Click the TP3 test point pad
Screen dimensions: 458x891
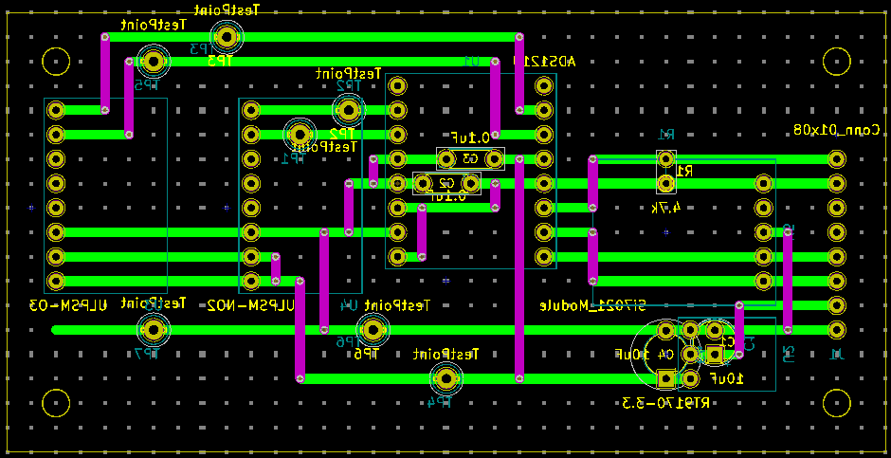227,37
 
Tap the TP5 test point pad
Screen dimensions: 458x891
153,62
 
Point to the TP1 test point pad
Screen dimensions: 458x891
300,134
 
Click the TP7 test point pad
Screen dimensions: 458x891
153,330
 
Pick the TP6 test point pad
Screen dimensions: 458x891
373,330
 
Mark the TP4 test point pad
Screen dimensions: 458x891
445,378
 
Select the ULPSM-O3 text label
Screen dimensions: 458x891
67,305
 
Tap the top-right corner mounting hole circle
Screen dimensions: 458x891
836,62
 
